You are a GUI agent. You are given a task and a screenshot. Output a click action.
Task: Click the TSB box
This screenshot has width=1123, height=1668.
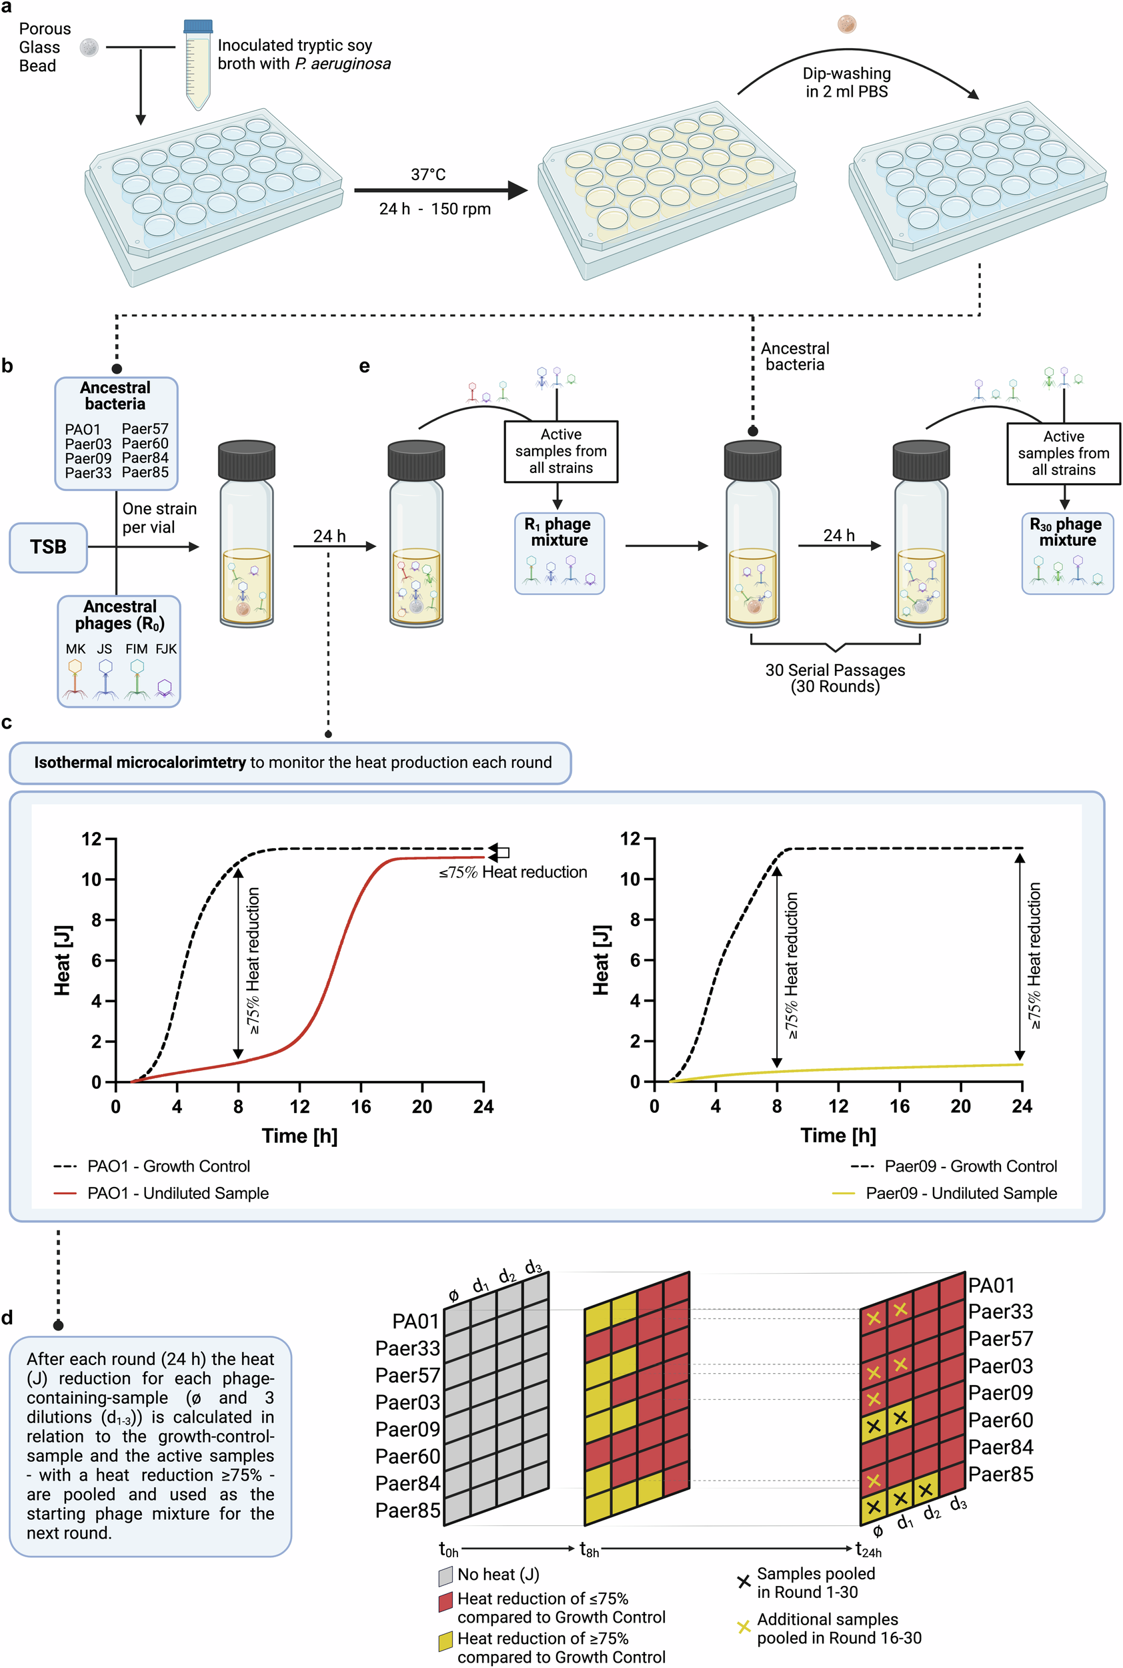(x=48, y=547)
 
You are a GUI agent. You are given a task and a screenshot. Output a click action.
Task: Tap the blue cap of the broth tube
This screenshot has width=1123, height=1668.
(x=197, y=27)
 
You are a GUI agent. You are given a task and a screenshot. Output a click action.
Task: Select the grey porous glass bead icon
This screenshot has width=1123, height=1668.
(x=89, y=48)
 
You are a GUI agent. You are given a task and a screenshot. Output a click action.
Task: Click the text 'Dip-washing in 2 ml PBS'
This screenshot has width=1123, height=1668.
(x=846, y=82)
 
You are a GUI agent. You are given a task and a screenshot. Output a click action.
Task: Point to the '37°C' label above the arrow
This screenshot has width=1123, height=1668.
(x=428, y=175)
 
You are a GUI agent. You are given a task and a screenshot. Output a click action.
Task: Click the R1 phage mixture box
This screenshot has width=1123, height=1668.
(x=559, y=552)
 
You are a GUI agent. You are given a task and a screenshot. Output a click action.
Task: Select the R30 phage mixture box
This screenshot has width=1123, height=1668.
(x=1067, y=552)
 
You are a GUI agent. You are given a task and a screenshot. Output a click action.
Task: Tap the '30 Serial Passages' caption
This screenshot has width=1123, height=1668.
(x=835, y=670)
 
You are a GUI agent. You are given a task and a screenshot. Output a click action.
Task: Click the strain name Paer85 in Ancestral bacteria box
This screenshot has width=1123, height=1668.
(x=145, y=472)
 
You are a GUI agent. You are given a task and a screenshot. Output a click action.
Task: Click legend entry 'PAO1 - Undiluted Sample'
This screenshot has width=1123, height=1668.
(x=177, y=1193)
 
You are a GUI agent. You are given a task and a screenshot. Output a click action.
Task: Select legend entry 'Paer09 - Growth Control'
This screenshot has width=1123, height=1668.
(x=970, y=1166)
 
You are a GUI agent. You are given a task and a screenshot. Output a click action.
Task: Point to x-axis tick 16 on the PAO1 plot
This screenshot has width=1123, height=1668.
(x=361, y=1107)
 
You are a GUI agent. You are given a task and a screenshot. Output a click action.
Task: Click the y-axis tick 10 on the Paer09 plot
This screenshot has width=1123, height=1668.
(x=630, y=879)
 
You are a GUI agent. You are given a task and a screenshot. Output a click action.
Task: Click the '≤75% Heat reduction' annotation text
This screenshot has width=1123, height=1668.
(x=513, y=872)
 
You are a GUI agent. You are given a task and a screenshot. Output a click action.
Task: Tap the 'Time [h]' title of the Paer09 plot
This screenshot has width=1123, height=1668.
(x=838, y=1136)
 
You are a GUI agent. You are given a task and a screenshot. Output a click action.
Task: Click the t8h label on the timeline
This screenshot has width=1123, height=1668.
(x=589, y=1550)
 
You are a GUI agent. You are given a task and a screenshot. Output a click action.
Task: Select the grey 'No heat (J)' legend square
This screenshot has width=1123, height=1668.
(x=445, y=1575)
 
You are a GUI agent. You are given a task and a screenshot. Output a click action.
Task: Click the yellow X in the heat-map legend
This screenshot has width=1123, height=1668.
(x=744, y=1627)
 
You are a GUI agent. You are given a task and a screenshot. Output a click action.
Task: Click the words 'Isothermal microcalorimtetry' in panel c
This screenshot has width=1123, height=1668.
(x=139, y=763)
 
